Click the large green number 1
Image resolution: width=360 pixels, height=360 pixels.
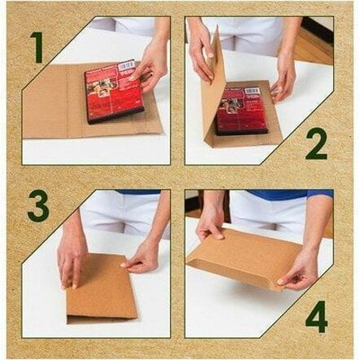pos(37,47)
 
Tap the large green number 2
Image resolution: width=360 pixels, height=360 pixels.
pos(316,144)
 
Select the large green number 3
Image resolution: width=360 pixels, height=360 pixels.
pos(38,206)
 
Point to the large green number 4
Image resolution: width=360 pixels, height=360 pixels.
pos(316,317)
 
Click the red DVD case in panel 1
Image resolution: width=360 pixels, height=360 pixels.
pos(114,92)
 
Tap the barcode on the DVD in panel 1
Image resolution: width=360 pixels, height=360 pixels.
pos(127,65)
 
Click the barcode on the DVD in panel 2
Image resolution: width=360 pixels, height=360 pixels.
pos(252,91)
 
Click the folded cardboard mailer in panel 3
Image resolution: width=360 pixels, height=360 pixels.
pos(102,288)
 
